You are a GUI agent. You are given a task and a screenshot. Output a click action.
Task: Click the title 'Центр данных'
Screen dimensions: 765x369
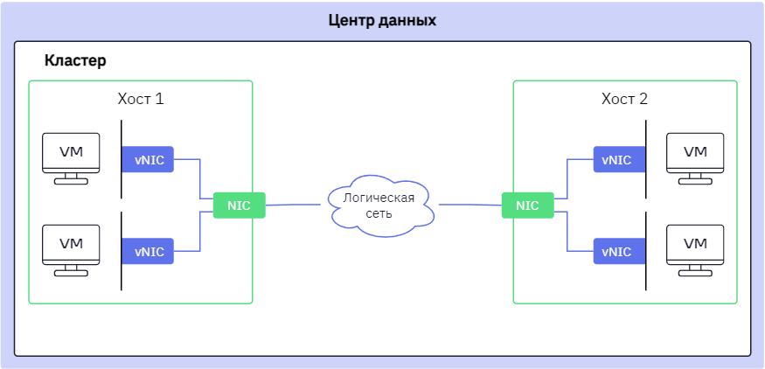coord(382,21)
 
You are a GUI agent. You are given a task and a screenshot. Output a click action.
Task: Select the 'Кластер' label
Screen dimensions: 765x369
coord(75,61)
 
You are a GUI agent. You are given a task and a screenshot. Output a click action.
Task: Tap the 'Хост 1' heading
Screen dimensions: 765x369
coord(141,99)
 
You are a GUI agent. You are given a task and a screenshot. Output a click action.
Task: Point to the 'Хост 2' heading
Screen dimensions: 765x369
coord(624,99)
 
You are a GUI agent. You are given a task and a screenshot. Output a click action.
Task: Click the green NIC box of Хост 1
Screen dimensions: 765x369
coord(239,205)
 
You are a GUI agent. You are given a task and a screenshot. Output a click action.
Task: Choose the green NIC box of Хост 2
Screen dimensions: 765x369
coord(527,205)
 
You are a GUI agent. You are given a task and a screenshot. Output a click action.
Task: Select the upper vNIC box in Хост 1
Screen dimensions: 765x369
coord(148,159)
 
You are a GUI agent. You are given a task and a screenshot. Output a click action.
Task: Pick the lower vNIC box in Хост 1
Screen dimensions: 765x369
coord(148,251)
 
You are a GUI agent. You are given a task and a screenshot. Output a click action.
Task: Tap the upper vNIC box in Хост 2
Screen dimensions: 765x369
coord(619,159)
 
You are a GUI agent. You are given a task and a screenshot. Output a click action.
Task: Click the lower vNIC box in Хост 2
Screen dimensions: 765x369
coord(619,251)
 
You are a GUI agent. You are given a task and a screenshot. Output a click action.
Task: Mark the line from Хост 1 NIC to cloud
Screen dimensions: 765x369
coord(293,205)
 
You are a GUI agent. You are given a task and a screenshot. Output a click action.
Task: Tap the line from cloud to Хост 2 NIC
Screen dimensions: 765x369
coord(470,205)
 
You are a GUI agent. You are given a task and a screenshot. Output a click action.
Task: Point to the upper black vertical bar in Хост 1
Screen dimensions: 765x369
coord(122,159)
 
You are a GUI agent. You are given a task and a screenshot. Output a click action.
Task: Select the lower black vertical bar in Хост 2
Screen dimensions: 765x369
coord(645,251)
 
